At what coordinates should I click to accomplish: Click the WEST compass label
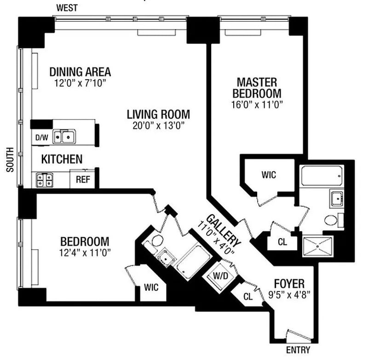click(67, 8)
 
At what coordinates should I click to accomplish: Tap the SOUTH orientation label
click(10, 160)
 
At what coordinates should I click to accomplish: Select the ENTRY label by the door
click(298, 350)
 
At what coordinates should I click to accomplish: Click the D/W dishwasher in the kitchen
click(42, 137)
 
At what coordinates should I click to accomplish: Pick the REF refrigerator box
click(83, 179)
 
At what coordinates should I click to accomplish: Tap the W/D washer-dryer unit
click(220, 276)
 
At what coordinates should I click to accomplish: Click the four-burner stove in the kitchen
click(44, 180)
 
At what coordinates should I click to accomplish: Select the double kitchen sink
click(64, 137)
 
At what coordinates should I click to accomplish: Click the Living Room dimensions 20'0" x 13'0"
click(158, 126)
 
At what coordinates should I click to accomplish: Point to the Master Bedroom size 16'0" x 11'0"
click(257, 104)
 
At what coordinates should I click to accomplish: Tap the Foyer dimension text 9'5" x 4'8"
click(289, 294)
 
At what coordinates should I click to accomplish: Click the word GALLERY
click(223, 230)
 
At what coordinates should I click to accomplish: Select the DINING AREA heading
click(80, 72)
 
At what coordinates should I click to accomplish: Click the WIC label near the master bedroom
click(269, 175)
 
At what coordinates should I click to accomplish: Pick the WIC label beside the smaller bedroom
click(151, 287)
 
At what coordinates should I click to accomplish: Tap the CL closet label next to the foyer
click(248, 297)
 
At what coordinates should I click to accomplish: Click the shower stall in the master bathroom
click(318, 246)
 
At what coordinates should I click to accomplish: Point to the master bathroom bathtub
click(322, 176)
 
